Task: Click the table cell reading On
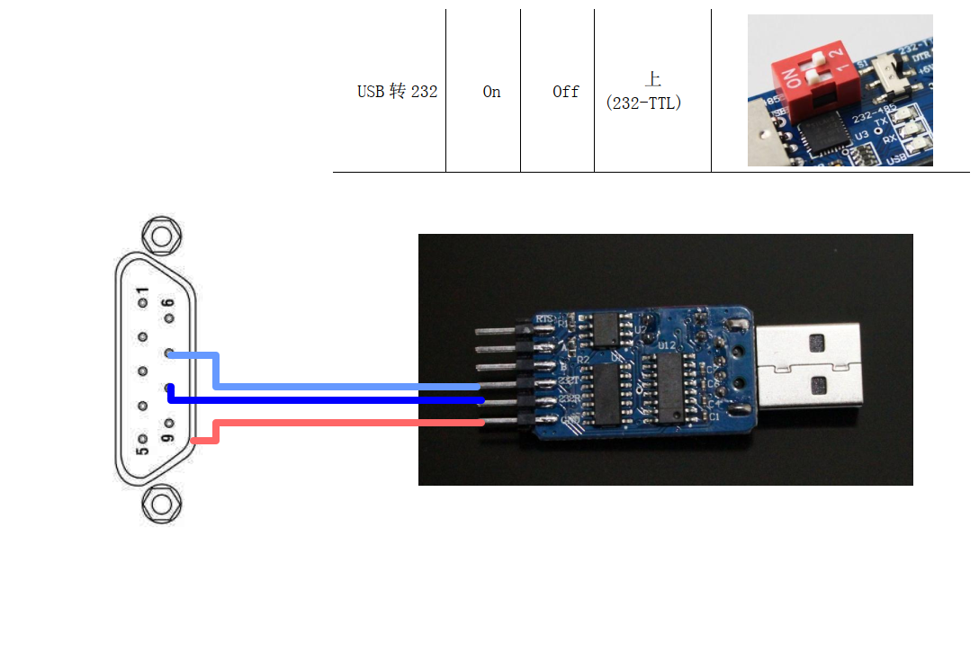[491, 92]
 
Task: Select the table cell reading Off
[566, 92]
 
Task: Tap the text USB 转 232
[397, 92]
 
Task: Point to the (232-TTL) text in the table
[644, 103]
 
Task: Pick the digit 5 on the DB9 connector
[142, 443]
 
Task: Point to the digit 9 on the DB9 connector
[167, 432]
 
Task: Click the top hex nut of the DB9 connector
[162, 237]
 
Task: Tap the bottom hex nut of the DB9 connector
[162, 503]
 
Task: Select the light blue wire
[342, 386]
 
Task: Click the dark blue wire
[342, 399]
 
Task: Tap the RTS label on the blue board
[544, 319]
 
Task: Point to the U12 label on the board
[667, 344]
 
